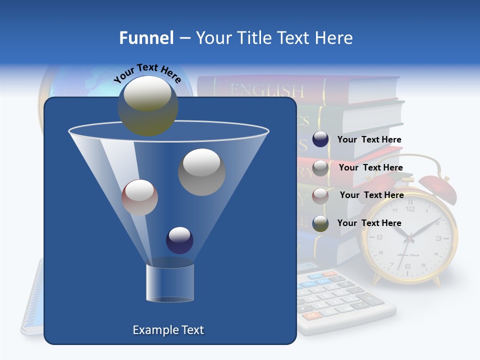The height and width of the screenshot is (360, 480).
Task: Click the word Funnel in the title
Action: tap(146, 38)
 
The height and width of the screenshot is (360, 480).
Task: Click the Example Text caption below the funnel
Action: tap(168, 330)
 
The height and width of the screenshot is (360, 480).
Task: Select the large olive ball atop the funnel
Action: tap(148, 105)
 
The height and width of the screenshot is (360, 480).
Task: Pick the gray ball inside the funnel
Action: tap(201, 172)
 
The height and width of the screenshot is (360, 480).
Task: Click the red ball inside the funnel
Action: tap(139, 197)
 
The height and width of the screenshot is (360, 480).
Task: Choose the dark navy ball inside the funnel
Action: tap(179, 240)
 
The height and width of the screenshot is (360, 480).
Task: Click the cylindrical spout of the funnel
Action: tap(170, 282)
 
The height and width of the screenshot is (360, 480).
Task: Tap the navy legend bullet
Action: tap(320, 139)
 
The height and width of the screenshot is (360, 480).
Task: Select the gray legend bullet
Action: tap(320, 167)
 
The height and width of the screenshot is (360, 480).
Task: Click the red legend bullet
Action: tap(320, 195)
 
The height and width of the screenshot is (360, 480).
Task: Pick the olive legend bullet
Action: tap(320, 223)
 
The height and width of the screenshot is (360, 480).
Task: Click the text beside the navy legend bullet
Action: tap(369, 140)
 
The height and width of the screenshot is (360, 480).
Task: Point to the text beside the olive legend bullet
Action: tap(369, 223)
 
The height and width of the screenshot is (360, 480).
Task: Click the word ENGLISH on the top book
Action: tap(266, 90)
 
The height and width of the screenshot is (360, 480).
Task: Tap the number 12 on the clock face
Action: tap(410, 208)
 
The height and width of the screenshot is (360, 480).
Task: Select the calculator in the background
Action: tap(345, 300)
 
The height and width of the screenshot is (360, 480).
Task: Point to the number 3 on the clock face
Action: tap(438, 238)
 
